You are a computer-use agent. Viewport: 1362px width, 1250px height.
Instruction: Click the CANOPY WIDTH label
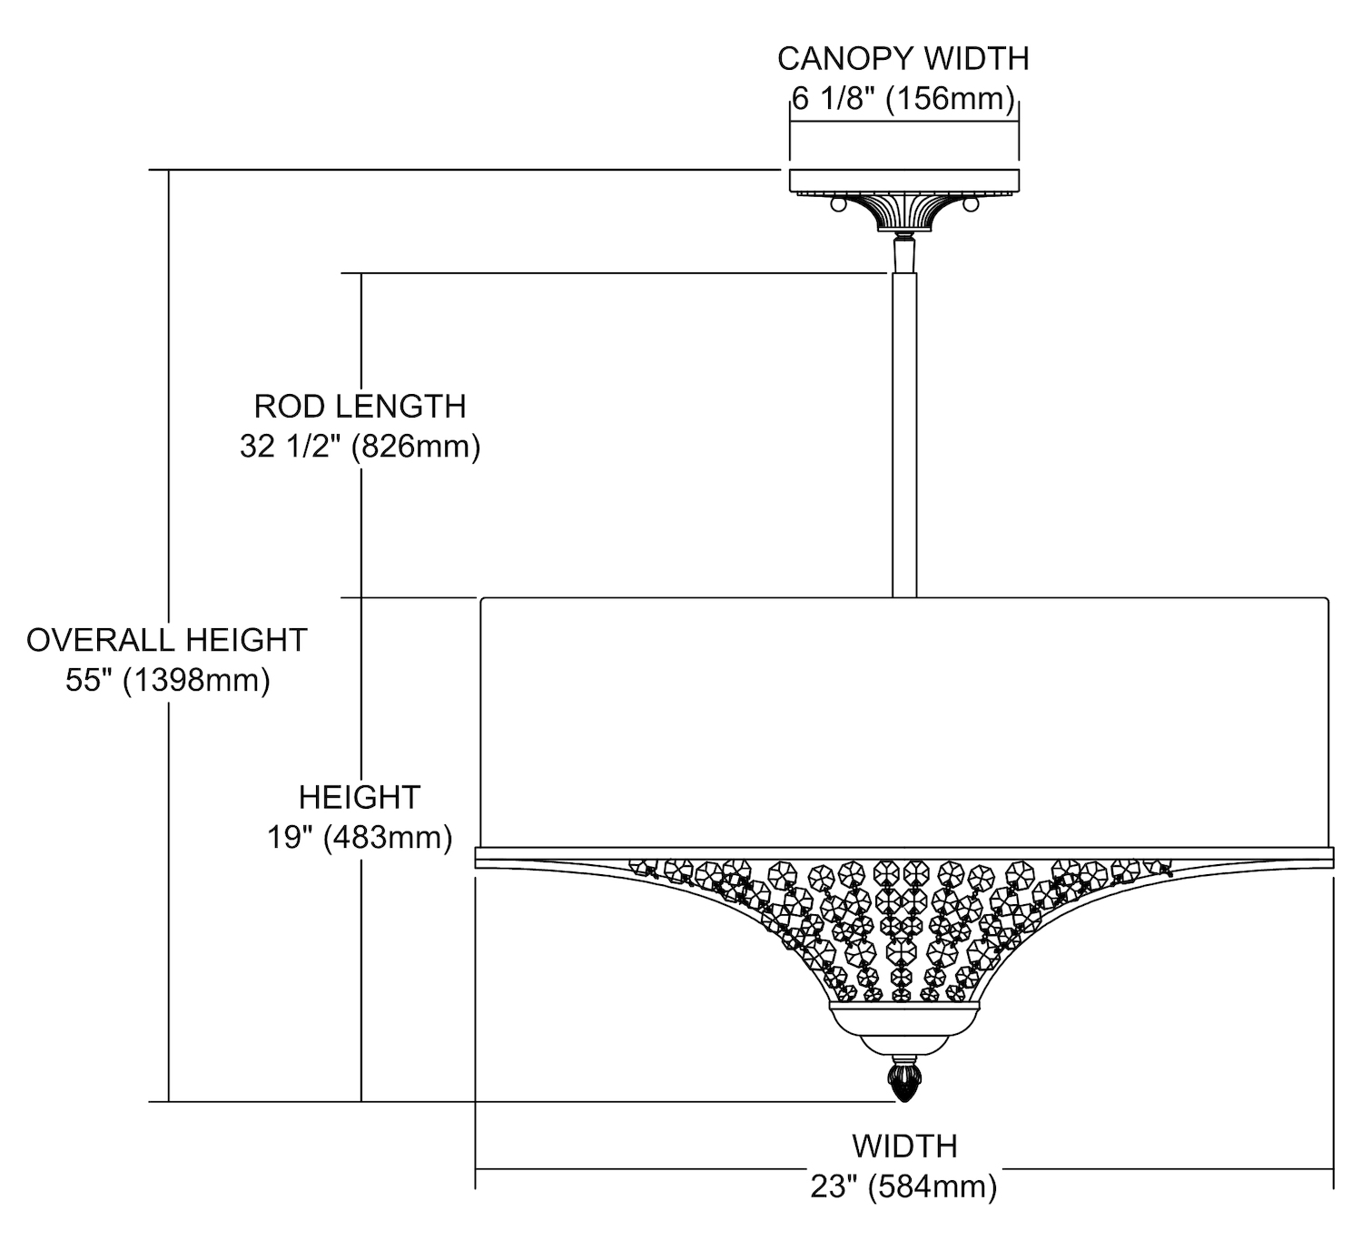coord(903,58)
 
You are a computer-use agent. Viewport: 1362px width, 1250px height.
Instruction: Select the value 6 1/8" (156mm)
coord(903,98)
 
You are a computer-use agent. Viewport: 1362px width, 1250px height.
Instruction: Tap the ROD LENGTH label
coord(360,406)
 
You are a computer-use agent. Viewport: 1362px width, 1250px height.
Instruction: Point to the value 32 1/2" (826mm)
coord(360,447)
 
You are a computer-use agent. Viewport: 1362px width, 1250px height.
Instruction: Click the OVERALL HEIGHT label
coord(167,640)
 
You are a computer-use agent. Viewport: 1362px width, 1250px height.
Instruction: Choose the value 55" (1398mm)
coord(167,680)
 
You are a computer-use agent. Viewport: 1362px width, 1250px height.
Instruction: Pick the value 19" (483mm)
coord(360,837)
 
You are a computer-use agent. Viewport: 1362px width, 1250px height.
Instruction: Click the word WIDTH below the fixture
coord(904,1147)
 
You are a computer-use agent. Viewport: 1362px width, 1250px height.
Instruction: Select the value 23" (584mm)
coord(904,1186)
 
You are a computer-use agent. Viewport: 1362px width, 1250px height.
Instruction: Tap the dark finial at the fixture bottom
coord(904,1081)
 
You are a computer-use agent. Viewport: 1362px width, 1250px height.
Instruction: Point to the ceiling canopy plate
coord(904,182)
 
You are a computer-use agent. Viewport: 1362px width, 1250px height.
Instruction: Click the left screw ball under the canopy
coord(837,206)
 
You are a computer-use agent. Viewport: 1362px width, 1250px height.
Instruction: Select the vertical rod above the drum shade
coord(904,436)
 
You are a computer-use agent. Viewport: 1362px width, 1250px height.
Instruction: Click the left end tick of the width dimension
coord(476,1171)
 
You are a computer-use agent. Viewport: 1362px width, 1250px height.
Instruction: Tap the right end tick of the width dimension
coord(1333,1171)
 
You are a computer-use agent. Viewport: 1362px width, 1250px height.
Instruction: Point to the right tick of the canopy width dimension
coord(1019,127)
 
